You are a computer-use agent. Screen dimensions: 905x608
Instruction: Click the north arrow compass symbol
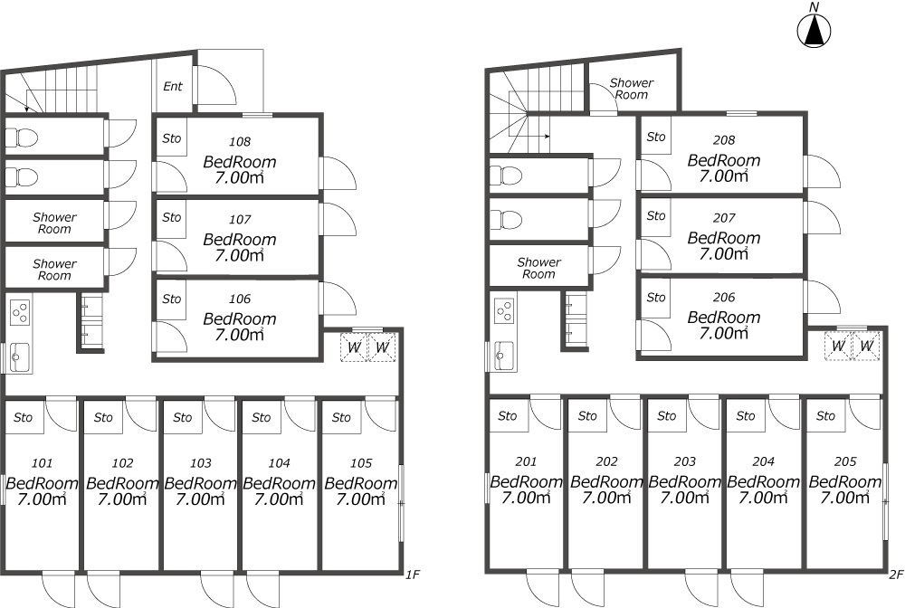tap(814, 30)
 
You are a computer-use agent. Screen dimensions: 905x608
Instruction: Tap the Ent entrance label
tap(172, 87)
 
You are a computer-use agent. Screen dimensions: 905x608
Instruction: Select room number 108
tap(240, 141)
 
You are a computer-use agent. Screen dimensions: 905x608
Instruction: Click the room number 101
tap(42, 462)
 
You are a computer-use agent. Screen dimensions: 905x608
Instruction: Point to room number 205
tap(845, 461)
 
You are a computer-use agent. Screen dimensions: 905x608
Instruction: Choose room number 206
tap(724, 298)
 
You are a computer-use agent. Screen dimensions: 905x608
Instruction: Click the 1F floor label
tap(412, 575)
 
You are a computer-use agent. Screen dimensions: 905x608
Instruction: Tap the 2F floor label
tap(896, 575)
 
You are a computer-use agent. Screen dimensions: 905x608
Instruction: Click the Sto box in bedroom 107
tap(171, 218)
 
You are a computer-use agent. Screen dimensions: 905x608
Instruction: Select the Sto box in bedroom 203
tap(667, 415)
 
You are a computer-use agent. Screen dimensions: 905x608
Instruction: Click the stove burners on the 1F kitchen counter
tap(20, 311)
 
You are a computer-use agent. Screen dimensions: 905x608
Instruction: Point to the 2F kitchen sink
tap(505, 356)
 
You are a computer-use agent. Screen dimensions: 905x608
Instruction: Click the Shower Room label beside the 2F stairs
tap(632, 89)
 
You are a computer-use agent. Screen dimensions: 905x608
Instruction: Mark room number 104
tap(279, 462)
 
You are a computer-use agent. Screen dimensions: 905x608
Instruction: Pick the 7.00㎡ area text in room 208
tap(724, 176)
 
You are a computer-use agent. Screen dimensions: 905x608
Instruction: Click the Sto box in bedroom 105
tap(341, 417)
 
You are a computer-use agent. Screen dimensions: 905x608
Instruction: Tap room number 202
tap(606, 461)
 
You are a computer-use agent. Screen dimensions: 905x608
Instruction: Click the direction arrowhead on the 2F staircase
tap(548, 137)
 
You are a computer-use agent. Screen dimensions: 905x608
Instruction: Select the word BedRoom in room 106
tap(240, 318)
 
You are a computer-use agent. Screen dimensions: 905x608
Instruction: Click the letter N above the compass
tap(814, 7)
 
